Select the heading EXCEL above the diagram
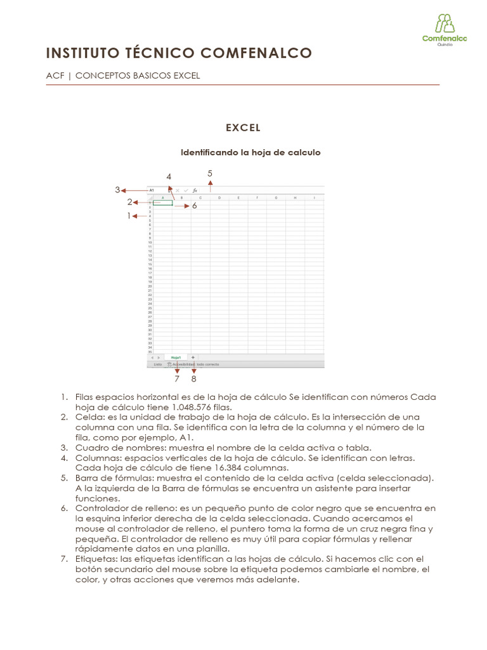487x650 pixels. click(x=243, y=128)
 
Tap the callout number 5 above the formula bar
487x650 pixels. click(x=210, y=173)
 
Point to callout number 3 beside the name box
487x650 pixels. click(x=117, y=189)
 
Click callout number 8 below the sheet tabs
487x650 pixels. click(x=193, y=379)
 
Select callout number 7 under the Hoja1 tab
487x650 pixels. click(x=177, y=379)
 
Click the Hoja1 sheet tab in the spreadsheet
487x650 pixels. click(x=176, y=357)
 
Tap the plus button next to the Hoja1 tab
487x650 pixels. click(x=193, y=357)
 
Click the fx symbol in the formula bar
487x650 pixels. click(x=195, y=190)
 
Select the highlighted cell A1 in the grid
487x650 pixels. click(x=163, y=203)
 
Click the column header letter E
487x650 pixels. click(x=238, y=197)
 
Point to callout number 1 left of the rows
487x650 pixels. click(x=128, y=216)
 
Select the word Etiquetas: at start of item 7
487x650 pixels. click(x=96, y=559)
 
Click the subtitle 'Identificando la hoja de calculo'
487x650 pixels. click(x=250, y=152)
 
